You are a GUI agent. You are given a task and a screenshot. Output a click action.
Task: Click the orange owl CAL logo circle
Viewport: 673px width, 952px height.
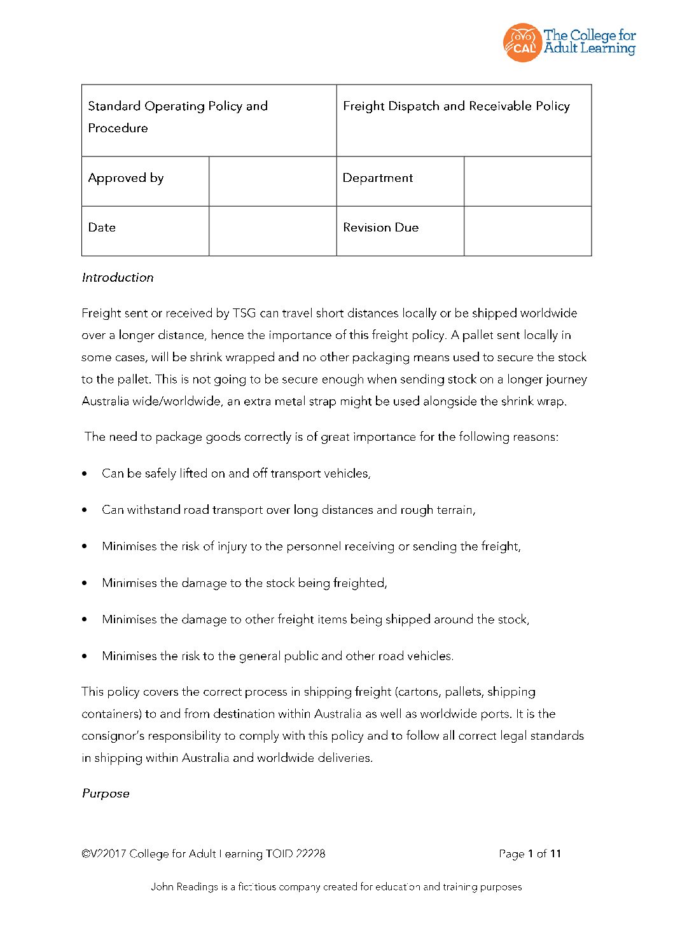522,43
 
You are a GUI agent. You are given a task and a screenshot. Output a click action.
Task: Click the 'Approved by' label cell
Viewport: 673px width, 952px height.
126,178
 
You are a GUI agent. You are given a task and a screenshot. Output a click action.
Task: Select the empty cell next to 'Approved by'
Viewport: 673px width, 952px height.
272,181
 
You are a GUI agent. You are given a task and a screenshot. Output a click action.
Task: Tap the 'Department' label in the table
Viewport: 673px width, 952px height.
378,178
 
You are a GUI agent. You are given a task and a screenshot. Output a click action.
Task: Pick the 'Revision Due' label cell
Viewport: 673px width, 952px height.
380,228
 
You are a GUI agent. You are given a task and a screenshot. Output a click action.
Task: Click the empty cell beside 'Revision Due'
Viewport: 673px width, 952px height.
527,231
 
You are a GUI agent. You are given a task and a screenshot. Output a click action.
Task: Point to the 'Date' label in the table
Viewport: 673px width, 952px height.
102,228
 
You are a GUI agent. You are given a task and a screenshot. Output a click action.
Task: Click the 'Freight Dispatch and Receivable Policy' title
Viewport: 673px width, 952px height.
456,106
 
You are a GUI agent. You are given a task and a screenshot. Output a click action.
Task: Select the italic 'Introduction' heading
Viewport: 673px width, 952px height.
118,278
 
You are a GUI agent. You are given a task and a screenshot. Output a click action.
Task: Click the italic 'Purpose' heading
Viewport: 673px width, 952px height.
106,794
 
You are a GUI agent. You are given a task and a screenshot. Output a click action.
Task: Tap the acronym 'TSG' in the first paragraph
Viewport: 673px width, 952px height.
244,314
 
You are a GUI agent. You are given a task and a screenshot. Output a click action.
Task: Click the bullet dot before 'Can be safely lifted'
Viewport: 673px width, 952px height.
85,474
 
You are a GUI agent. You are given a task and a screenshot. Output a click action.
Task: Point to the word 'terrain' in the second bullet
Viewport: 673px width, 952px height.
455,510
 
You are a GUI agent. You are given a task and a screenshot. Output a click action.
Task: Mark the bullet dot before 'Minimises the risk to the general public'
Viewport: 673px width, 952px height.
85,656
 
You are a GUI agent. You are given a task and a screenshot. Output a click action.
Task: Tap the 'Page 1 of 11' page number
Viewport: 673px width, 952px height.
530,854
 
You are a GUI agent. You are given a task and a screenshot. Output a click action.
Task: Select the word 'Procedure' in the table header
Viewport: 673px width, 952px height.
118,128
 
